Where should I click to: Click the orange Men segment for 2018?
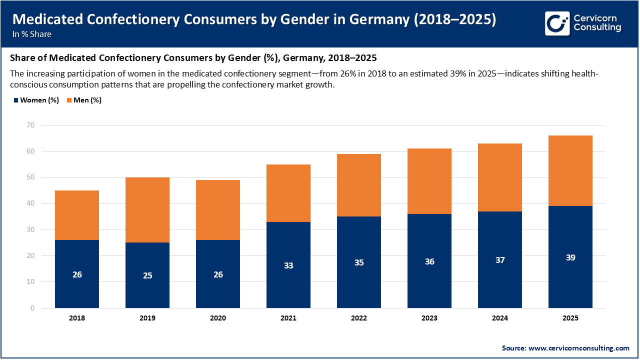pyautogui.click(x=77, y=215)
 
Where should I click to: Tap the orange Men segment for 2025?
pyautogui.click(x=570, y=170)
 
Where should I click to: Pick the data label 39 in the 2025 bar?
pyautogui.click(x=570, y=257)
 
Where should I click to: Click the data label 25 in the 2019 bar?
pyautogui.click(x=147, y=275)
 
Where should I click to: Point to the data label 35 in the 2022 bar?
pyautogui.click(x=359, y=262)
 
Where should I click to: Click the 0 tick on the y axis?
pyautogui.click(x=32, y=308)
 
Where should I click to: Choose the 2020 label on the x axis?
pyautogui.click(x=218, y=318)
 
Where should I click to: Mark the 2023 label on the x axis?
pyautogui.click(x=429, y=318)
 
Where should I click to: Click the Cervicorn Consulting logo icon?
pyautogui.click(x=557, y=23)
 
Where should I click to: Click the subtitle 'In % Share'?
pyautogui.click(x=32, y=34)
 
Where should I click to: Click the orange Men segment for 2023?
pyautogui.click(x=429, y=181)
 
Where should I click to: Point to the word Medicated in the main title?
pyautogui.click(x=44, y=19)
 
